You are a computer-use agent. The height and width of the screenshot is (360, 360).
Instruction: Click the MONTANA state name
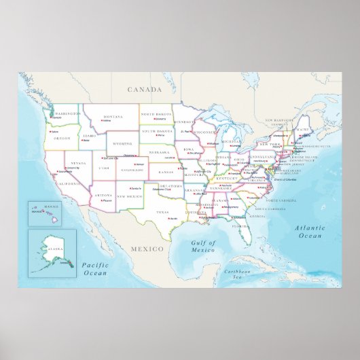113,116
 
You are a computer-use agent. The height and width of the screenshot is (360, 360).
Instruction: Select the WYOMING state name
122,143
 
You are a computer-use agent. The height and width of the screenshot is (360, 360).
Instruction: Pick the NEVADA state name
78,163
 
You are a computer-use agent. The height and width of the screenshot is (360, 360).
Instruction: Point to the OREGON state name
62,138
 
